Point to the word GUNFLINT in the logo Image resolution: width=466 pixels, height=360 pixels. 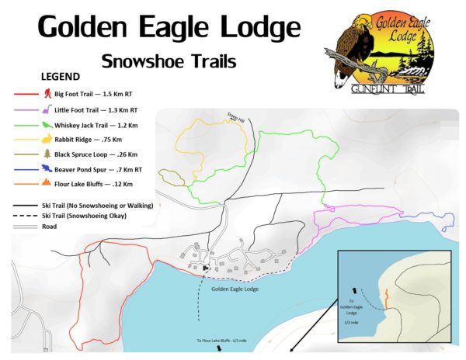tap(388, 91)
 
